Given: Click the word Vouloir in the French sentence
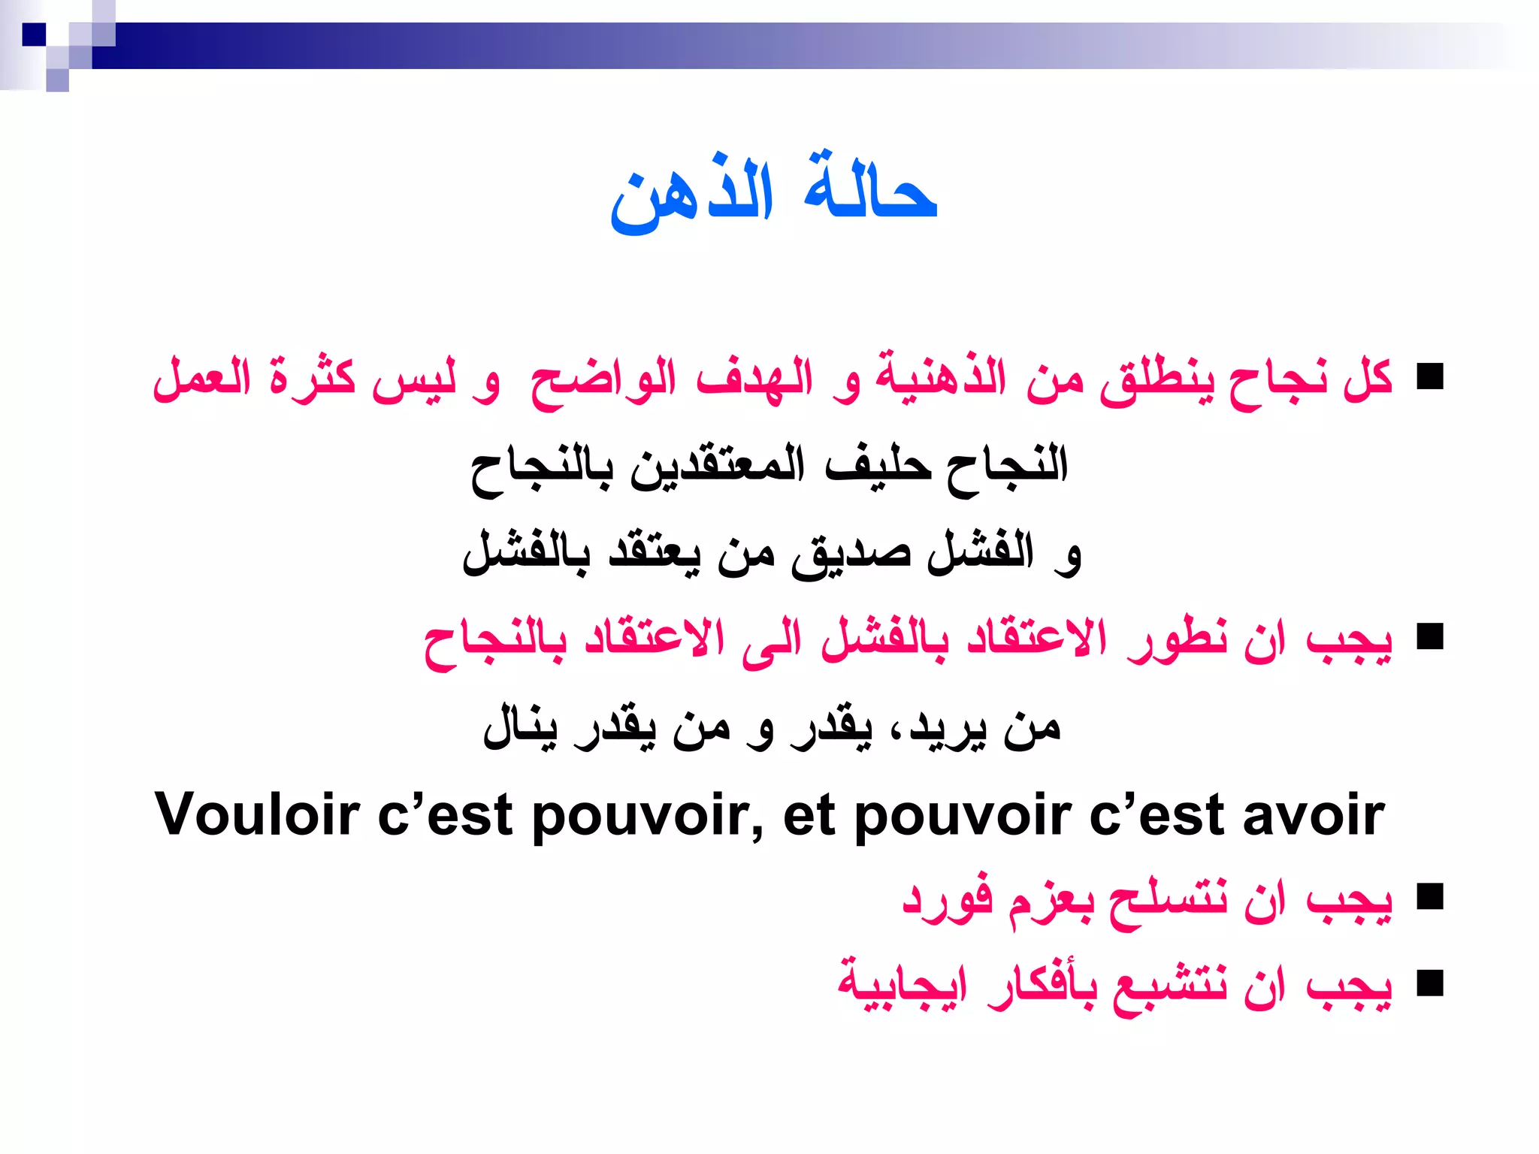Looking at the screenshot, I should pos(257,814).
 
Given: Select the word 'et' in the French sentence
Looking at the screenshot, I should pos(809,816).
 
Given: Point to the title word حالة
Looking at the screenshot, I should pos(870,191).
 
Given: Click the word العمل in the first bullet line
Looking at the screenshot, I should pos(201,378).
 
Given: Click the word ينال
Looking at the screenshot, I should pos(520,727).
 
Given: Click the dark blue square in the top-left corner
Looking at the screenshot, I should pos(34,35).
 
